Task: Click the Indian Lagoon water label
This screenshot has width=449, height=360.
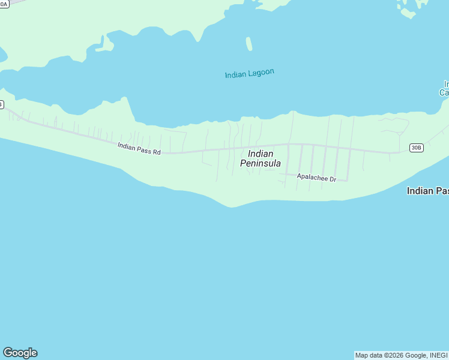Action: pos(249,74)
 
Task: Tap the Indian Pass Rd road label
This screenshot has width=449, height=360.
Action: pos(139,148)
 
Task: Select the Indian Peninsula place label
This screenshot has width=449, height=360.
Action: pos(261,158)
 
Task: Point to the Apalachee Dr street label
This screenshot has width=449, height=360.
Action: pos(316,179)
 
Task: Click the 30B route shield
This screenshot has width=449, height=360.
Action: pos(417,147)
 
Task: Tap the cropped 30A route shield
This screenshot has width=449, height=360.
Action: pos(4,3)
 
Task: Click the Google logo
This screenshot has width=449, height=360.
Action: pos(20,353)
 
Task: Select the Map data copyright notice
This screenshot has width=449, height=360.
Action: pos(401,355)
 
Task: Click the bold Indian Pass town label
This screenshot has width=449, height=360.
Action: pos(427,191)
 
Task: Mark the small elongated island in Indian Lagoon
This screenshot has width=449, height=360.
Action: pos(249,44)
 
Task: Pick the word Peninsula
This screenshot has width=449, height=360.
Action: pos(261,163)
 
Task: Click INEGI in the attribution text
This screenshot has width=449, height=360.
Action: pos(438,355)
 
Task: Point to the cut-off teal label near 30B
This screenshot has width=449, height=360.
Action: pos(444,88)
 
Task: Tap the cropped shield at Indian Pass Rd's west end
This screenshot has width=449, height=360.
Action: pos(1,104)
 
